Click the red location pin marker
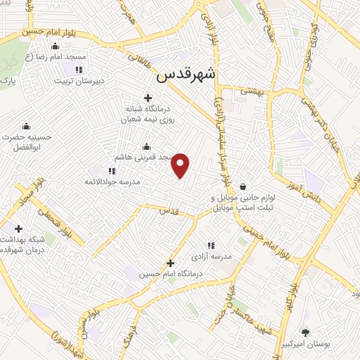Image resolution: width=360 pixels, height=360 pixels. (x=181, y=165)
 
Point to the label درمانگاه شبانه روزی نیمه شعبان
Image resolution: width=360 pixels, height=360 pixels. (x=148, y=114)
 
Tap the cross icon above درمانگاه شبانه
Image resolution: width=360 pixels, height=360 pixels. (x=148, y=98)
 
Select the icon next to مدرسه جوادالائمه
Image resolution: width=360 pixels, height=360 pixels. (x=112, y=170)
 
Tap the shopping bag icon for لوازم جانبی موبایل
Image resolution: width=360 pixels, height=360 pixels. (x=243, y=186)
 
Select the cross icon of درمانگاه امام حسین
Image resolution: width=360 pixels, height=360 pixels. (x=170, y=264)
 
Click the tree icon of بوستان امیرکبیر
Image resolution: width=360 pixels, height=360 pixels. (x=304, y=333)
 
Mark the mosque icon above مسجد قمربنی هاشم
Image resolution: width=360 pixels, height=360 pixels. (x=146, y=146)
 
